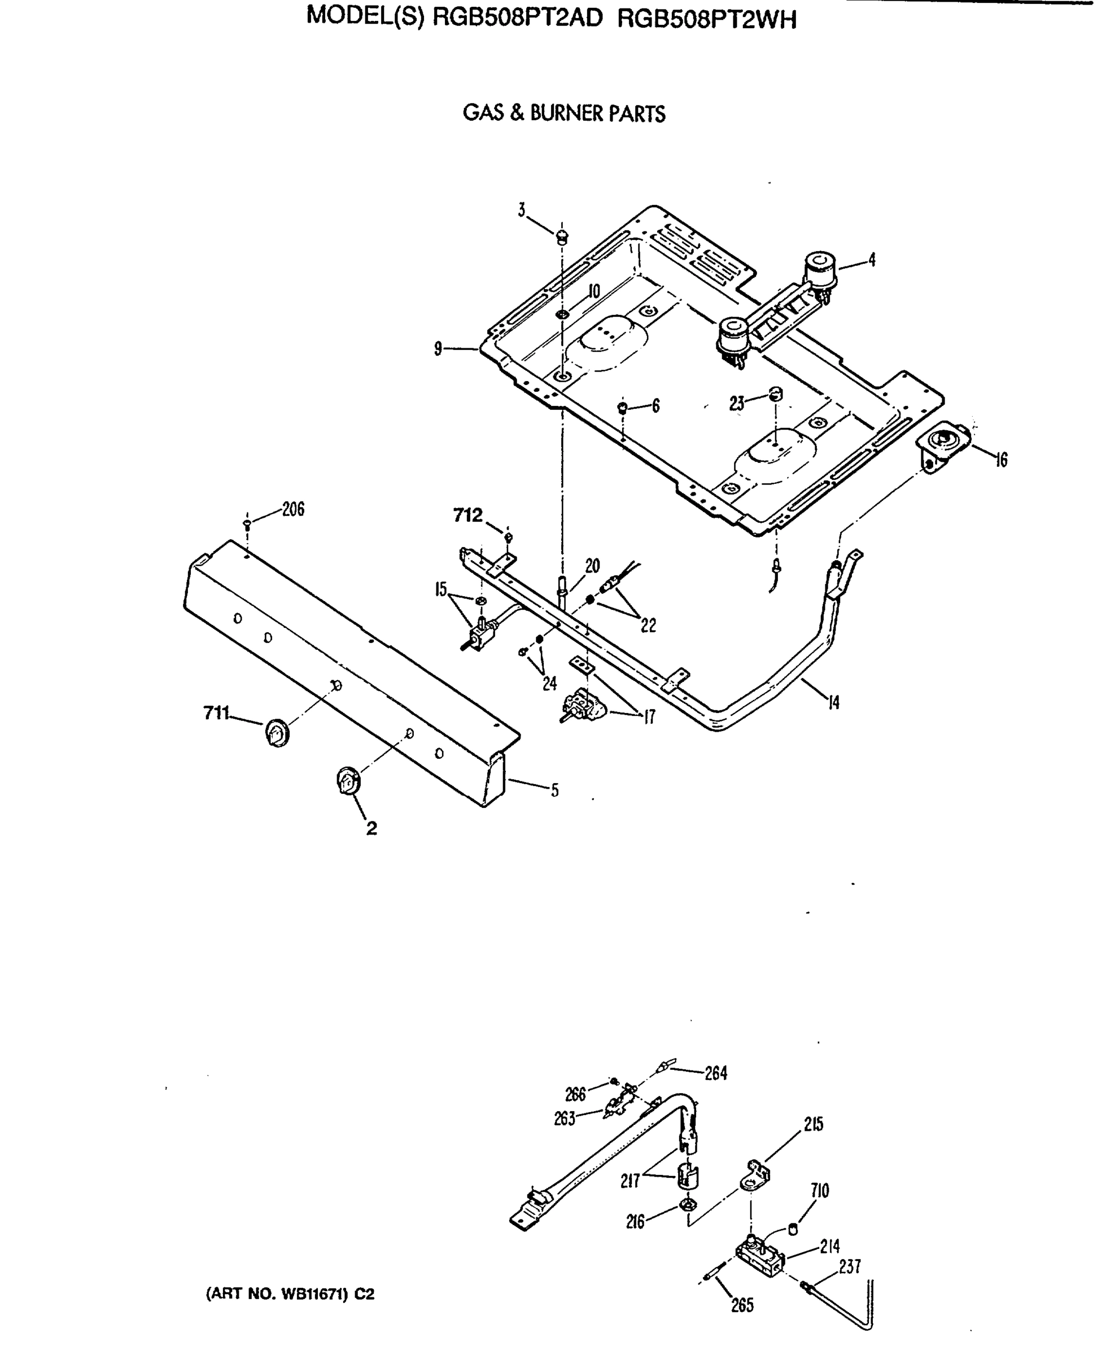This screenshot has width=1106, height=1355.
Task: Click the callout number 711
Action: point(216,713)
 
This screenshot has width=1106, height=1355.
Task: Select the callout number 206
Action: point(293,509)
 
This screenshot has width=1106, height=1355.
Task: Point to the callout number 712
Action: point(467,515)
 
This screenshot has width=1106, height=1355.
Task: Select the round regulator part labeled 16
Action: point(943,441)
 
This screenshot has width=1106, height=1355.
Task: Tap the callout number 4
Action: point(872,259)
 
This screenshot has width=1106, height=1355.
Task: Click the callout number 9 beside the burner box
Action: point(438,348)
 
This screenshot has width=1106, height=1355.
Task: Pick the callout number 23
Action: point(736,404)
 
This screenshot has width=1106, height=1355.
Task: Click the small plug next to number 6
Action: point(623,407)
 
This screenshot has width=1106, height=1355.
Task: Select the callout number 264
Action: point(715,1073)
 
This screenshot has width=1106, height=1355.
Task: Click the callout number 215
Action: point(813,1125)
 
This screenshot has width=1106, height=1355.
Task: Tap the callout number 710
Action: point(819,1190)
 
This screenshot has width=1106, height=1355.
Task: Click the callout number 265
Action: point(742,1305)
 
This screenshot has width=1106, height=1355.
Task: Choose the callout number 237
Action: point(850,1266)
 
